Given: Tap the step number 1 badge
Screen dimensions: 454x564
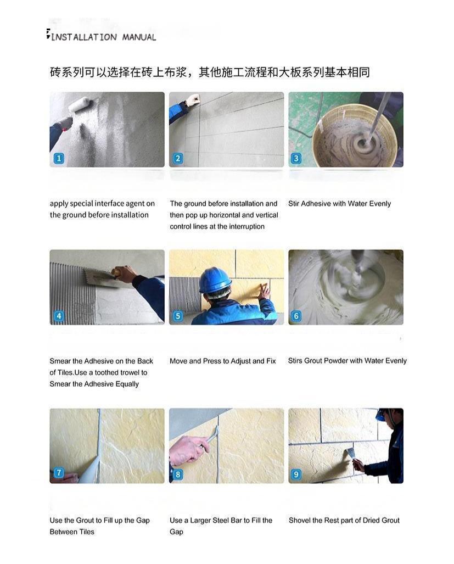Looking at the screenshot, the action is (59, 158).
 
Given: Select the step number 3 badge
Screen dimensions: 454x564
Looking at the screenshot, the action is (296, 158).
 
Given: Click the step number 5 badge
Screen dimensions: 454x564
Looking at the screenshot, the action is (177, 316).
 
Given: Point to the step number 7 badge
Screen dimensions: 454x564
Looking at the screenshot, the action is (59, 472).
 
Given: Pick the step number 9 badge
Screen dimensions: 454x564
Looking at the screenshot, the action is (296, 474).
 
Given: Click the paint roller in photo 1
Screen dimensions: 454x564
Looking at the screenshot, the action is (80, 105).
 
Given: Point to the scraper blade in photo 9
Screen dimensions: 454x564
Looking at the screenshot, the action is (348, 454).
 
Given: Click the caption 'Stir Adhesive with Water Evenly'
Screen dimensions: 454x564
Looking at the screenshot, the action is (339, 204).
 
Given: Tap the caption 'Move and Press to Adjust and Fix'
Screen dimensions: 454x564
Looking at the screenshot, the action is (222, 361).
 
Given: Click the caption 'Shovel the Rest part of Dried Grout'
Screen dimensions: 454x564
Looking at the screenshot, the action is (344, 521).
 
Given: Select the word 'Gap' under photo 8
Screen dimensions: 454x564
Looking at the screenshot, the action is (176, 532).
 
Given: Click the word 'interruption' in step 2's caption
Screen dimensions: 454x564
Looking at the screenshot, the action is (246, 227).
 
